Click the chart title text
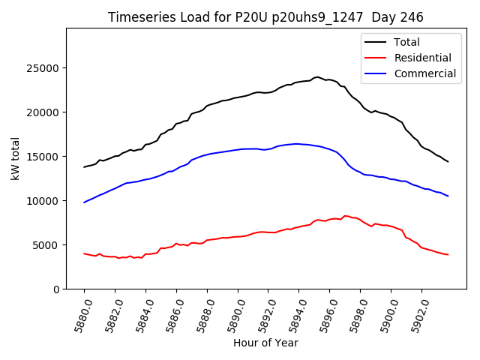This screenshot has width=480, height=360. [x=265, y=17]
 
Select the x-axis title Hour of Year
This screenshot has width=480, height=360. [x=265, y=343]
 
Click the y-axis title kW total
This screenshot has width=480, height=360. [x=15, y=157]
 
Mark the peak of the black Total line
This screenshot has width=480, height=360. [x=317, y=76]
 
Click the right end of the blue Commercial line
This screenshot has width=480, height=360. [x=448, y=196]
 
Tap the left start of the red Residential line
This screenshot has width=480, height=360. [x=84, y=253]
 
